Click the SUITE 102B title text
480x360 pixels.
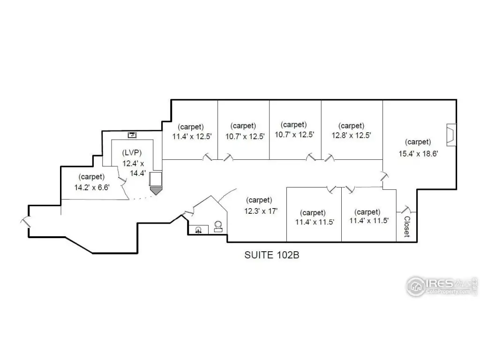point(271,255)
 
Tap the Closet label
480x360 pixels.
point(407,226)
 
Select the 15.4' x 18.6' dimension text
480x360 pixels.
point(418,154)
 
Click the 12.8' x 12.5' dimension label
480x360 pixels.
point(352,135)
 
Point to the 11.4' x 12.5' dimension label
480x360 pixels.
point(192,136)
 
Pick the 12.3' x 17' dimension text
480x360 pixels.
point(261,211)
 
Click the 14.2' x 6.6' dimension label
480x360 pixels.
point(92,187)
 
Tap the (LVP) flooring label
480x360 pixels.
point(132,152)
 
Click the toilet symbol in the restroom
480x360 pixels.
point(218,226)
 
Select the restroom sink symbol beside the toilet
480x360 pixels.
point(198,230)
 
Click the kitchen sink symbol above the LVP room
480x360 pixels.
point(132,135)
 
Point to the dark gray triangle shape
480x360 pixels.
point(156,191)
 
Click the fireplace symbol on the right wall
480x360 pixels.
point(451,135)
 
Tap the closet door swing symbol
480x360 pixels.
point(406,210)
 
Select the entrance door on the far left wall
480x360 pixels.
point(26,222)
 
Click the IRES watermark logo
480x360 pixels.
point(442,286)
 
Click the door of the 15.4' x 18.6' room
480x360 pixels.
point(384,176)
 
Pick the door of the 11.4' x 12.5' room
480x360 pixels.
point(207,157)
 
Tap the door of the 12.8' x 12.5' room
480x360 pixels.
point(330,157)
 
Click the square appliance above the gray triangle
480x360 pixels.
point(156,179)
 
